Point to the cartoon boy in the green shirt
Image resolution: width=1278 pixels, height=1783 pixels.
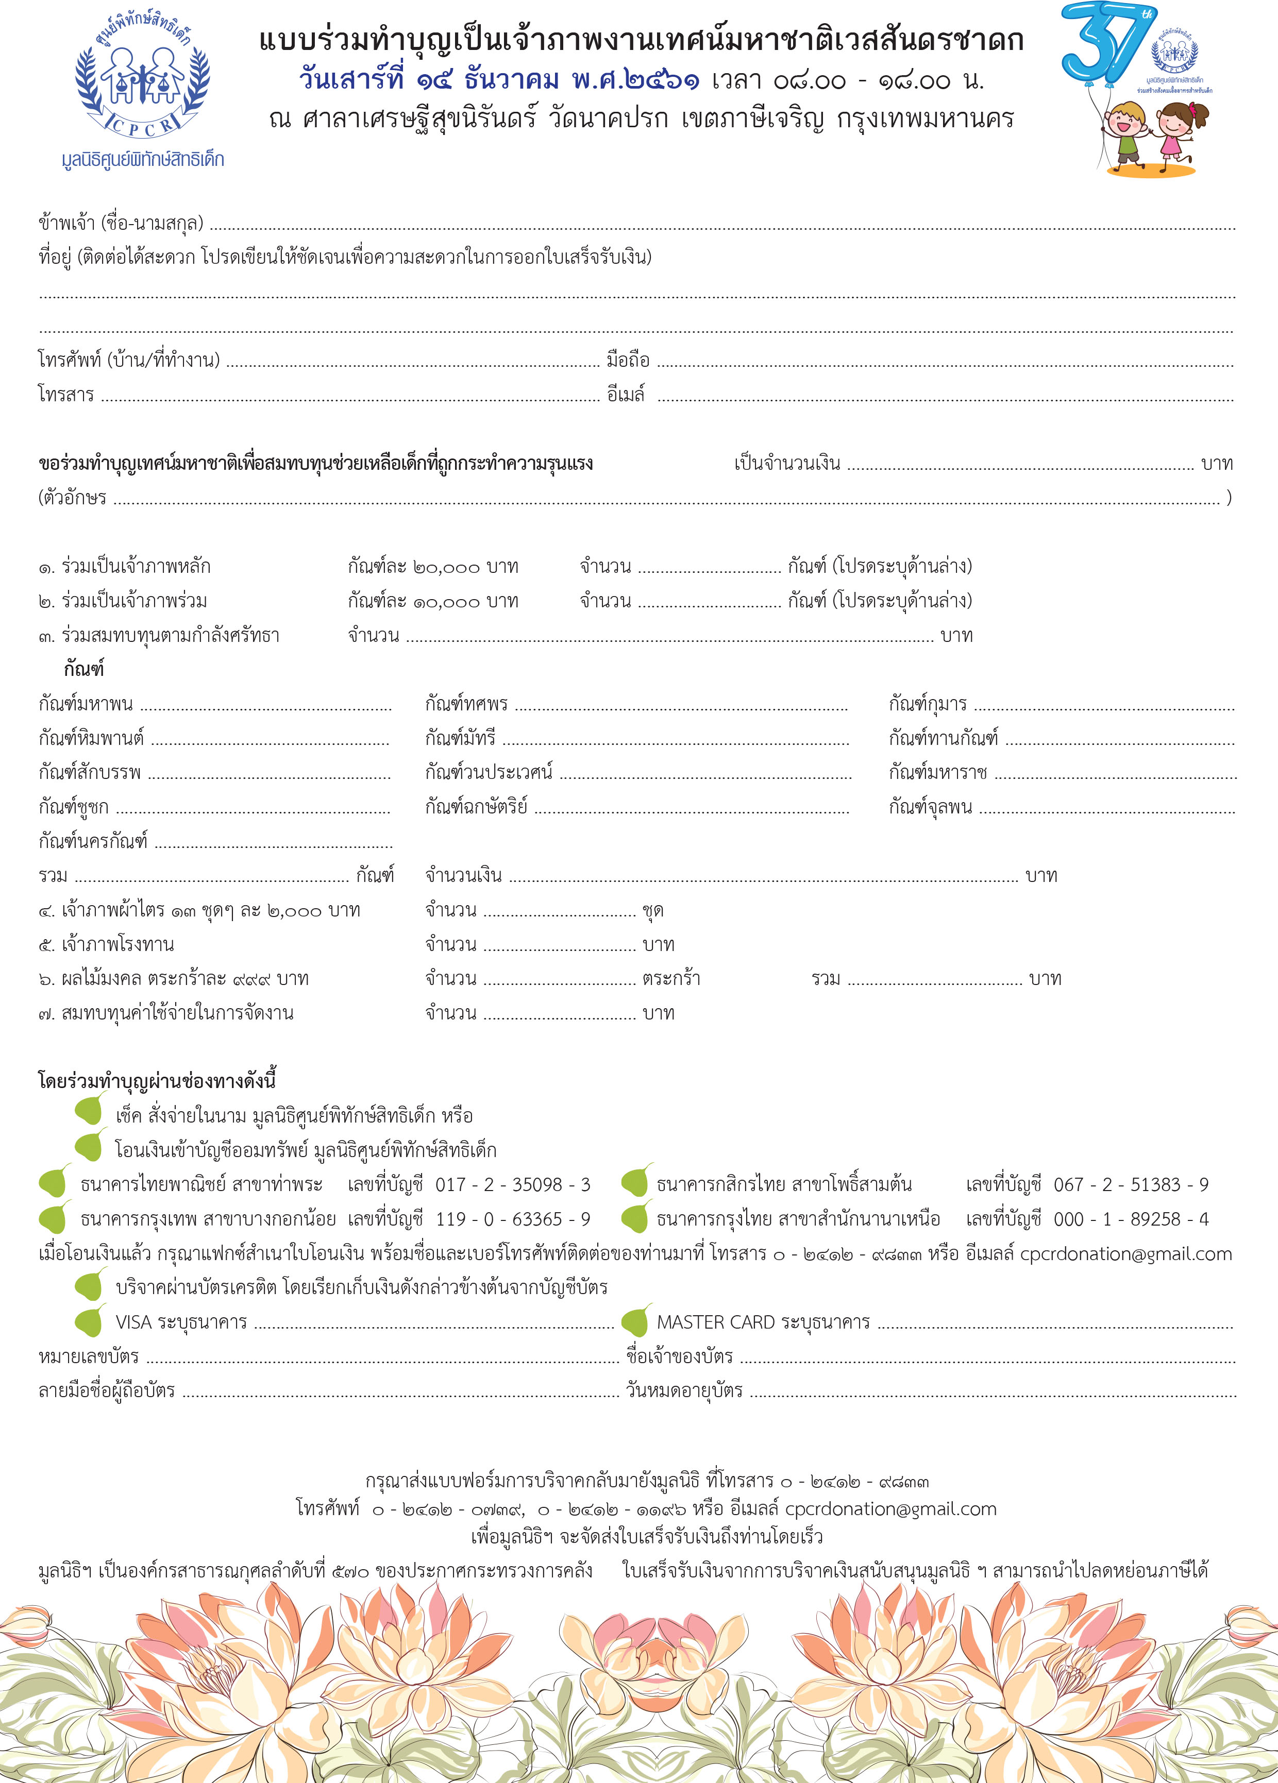tap(1128, 133)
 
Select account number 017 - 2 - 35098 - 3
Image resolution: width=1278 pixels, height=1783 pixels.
tap(512, 1184)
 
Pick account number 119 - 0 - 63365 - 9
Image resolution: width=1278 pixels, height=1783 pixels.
tap(512, 1218)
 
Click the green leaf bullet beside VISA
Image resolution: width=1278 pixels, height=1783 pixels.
tap(89, 1321)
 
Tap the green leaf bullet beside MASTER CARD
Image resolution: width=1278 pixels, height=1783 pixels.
tap(635, 1321)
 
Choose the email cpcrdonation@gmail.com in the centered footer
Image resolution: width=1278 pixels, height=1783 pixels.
tap(890, 1508)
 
